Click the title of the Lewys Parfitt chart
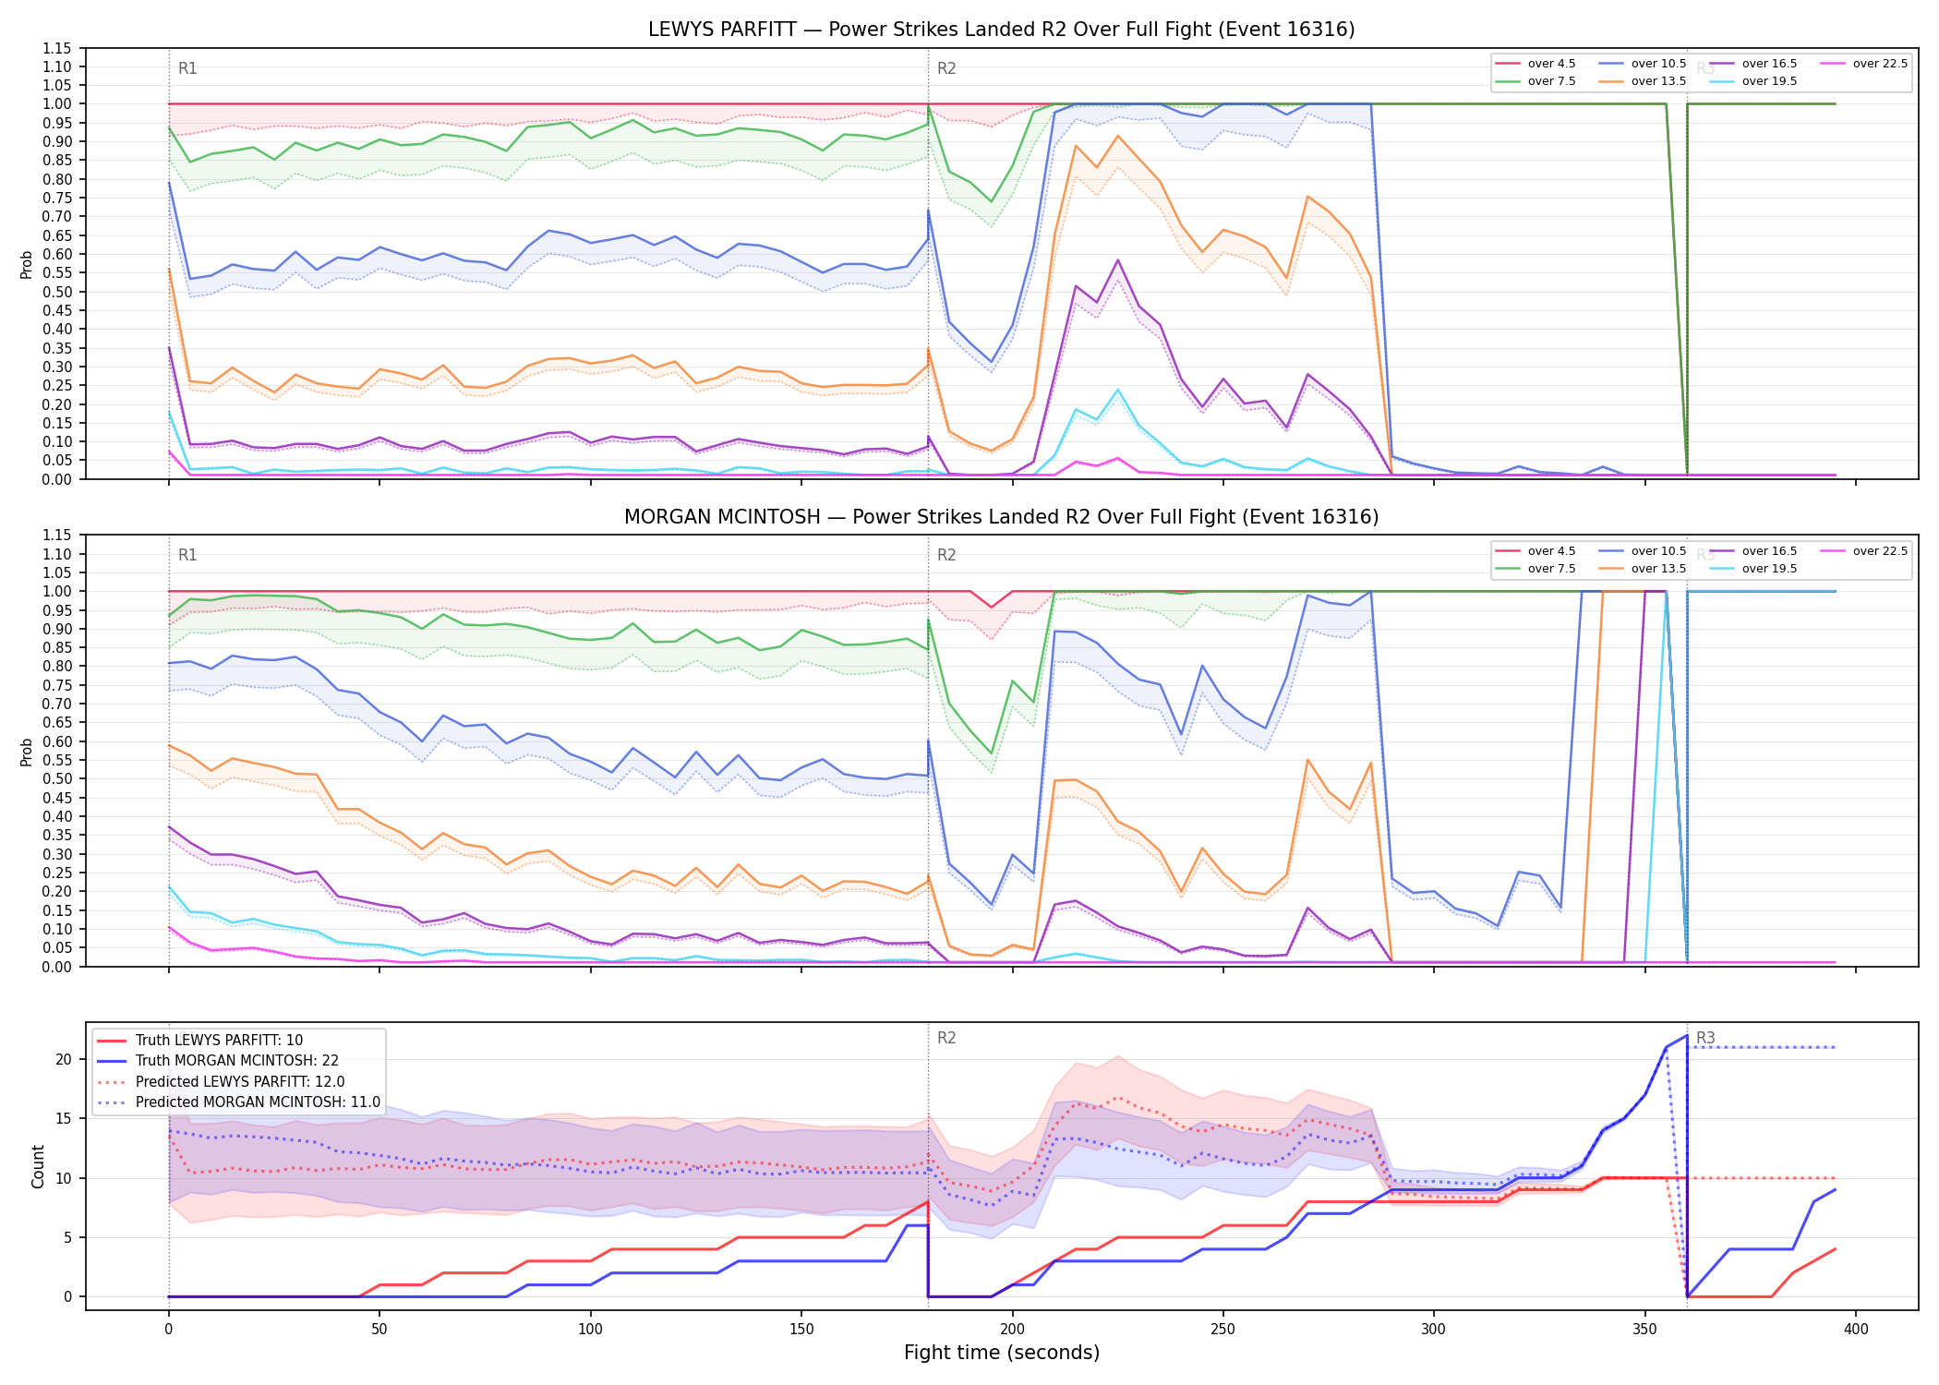[1001, 30]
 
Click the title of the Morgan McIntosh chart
[1001, 517]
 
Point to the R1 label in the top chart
[187, 68]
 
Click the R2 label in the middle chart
[946, 555]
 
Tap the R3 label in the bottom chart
[1705, 1038]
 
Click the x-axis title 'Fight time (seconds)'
[1002, 1353]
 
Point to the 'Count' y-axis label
[38, 1166]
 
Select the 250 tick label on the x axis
[1222, 1330]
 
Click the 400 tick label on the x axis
[1855, 1330]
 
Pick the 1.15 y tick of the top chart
[57, 48]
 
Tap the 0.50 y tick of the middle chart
[57, 779]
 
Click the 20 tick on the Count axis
[64, 1059]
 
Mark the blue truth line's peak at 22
[1687, 1036]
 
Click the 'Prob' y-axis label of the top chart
[27, 264]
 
